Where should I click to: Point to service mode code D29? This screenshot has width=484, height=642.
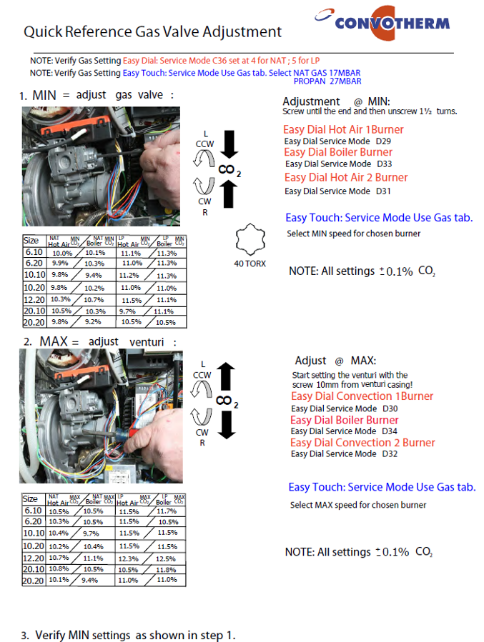383,141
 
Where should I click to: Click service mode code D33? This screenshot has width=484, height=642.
384,164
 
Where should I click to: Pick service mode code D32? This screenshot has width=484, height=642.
390,453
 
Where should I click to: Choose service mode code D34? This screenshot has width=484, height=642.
390,431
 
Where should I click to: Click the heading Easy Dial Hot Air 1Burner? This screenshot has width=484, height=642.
343,129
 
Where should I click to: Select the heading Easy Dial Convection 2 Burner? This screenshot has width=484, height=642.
362,443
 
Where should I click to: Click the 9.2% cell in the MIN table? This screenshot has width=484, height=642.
94,322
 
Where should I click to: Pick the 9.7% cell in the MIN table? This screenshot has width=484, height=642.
129,311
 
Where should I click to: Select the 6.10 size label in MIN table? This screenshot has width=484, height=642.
33,252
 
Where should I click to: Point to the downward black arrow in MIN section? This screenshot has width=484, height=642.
229,145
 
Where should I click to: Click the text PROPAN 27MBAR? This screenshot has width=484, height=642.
327,81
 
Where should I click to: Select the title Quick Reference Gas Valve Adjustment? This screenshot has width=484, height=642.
152,32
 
